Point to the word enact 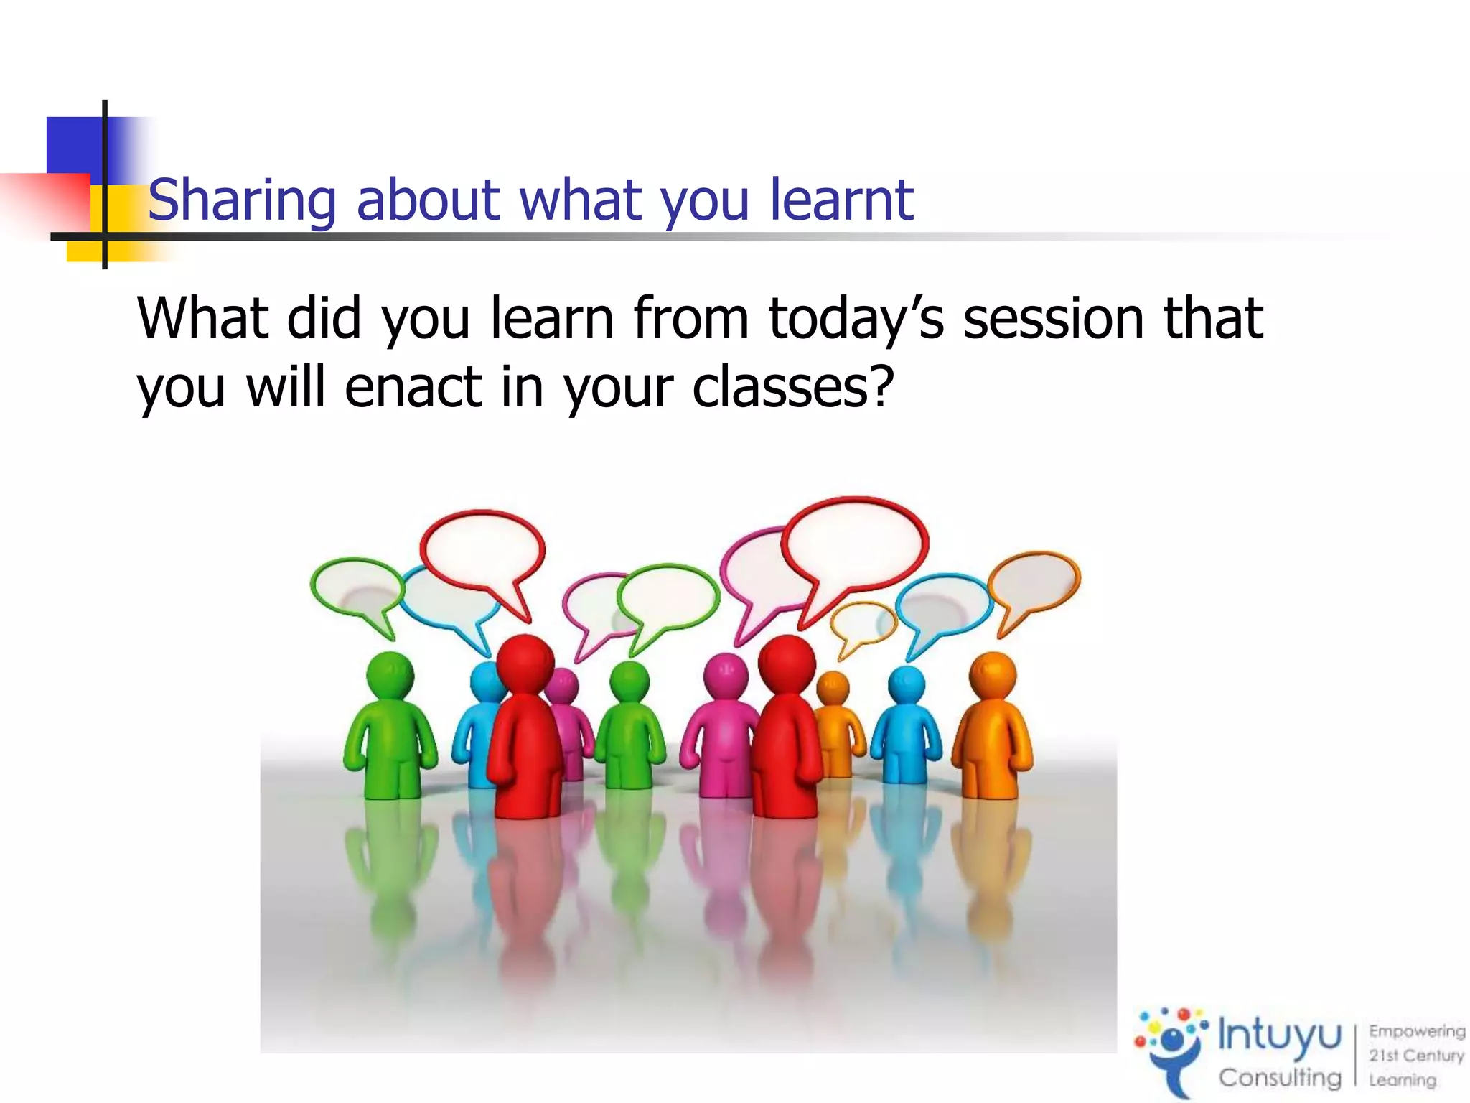pos(413,388)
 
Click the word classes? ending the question pos(793,388)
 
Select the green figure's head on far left pos(390,675)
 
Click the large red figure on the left pos(525,732)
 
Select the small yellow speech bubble pos(863,622)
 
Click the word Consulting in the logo pos(1280,1078)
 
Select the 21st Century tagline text pos(1415,1056)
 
